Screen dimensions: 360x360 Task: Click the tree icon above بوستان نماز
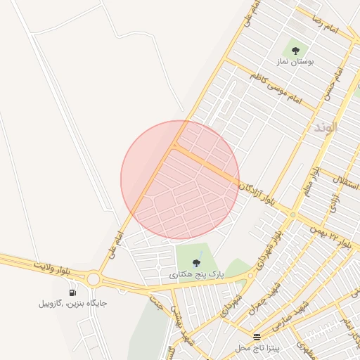tap(295, 50)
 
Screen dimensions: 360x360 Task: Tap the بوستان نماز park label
tap(295, 62)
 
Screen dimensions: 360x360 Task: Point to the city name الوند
tap(326, 128)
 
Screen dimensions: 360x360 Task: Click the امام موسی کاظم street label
tap(274, 85)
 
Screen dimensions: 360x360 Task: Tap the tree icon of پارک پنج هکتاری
tap(196, 263)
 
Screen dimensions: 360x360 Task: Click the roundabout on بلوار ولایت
tap(94, 279)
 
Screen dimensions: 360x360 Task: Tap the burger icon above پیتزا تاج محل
tap(257, 337)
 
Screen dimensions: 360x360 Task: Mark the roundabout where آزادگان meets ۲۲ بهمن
tap(292, 215)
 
